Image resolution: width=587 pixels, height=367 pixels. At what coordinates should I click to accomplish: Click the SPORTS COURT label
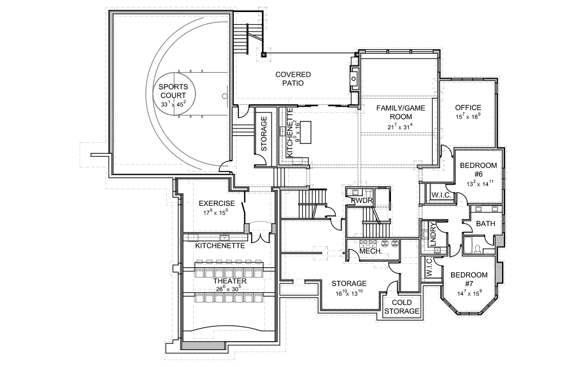(x=173, y=91)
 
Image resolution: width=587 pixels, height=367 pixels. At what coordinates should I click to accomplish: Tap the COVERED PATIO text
(x=293, y=79)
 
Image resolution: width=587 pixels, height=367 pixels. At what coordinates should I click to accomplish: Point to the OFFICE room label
(x=468, y=107)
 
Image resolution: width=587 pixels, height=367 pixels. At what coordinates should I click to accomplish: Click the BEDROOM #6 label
(x=478, y=170)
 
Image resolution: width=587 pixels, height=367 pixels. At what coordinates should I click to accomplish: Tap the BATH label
(x=486, y=224)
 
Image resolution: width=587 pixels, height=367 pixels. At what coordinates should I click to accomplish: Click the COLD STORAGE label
(x=402, y=307)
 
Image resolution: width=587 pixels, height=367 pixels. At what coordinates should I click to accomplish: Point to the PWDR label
(x=362, y=200)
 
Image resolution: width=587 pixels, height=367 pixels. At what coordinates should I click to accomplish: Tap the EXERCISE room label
(x=217, y=204)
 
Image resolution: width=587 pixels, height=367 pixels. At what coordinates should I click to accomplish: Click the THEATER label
(x=230, y=281)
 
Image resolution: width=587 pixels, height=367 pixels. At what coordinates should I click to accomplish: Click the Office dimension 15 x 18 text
(x=468, y=117)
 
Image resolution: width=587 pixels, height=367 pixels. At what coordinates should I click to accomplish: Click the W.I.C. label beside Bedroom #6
(x=441, y=196)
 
